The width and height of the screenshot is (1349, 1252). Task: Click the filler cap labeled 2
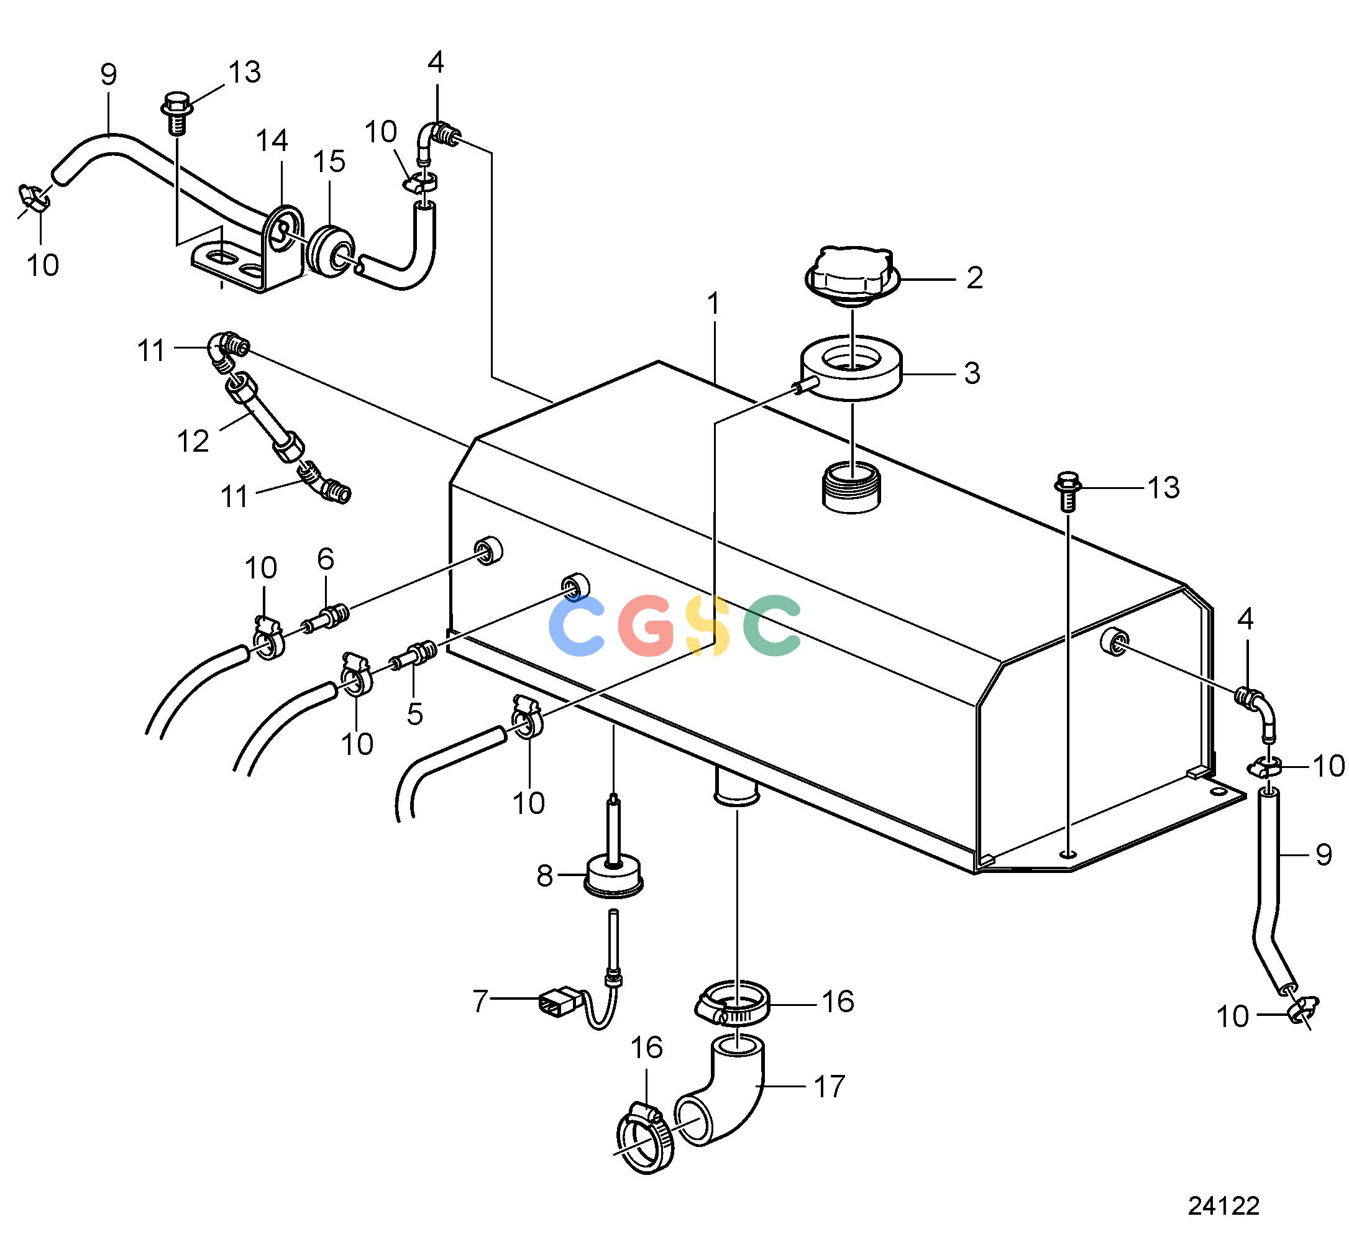[851, 276]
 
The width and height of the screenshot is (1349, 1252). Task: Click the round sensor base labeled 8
[613, 878]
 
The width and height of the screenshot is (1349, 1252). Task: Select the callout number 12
[193, 441]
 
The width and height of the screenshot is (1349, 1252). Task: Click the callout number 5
[414, 714]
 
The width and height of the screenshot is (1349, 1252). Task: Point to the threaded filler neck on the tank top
[851, 487]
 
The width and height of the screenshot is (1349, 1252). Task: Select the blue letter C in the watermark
[576, 625]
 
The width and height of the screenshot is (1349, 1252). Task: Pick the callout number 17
[830, 1087]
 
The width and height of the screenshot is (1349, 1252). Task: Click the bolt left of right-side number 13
[1067, 491]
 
